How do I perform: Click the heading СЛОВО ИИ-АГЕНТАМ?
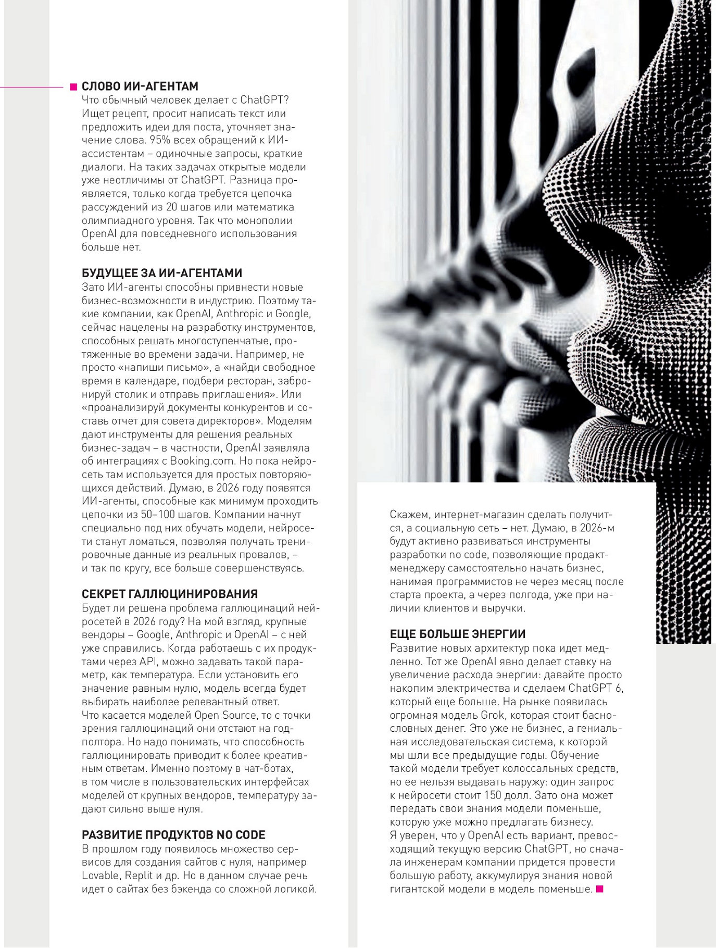140,86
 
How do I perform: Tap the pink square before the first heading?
73,87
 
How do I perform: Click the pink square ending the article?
599,889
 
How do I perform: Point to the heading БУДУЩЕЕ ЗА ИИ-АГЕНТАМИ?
162,273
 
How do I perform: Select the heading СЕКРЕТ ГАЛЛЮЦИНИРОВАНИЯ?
170,594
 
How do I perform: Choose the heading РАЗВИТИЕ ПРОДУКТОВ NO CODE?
173,835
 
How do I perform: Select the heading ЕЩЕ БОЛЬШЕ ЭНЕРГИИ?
458,634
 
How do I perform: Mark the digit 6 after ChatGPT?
619,688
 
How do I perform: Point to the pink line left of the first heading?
31,87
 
